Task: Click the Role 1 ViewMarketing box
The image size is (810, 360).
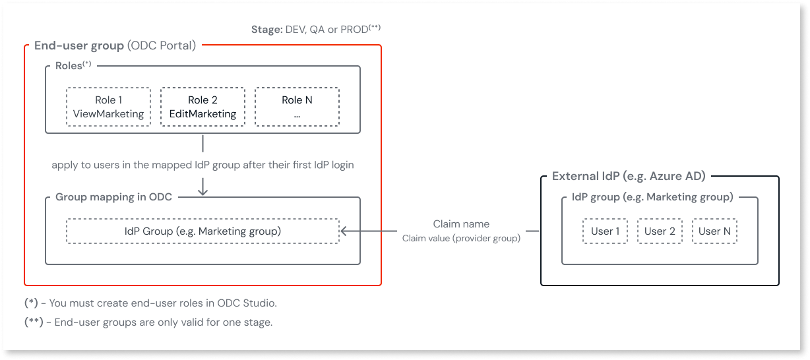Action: (108, 107)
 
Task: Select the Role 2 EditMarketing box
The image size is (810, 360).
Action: (202, 107)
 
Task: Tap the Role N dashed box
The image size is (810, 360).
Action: (297, 107)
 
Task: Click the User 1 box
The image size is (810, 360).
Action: (605, 231)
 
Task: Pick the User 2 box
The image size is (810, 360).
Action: (660, 231)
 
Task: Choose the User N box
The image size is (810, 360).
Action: (714, 231)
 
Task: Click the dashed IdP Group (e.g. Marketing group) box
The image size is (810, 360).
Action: (202, 231)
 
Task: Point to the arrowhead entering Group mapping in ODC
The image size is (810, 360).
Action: (202, 191)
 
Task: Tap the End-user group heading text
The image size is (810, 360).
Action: (79, 46)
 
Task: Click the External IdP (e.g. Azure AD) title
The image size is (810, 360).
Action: (629, 176)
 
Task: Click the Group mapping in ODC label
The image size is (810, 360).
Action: (113, 197)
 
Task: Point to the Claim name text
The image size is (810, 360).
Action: (461, 224)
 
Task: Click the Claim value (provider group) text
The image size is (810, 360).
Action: (461, 238)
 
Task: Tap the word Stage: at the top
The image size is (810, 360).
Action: (266, 30)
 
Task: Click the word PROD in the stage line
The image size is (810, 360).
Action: (354, 30)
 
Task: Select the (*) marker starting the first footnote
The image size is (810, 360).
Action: (31, 303)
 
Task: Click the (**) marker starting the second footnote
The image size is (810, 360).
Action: (34, 322)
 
